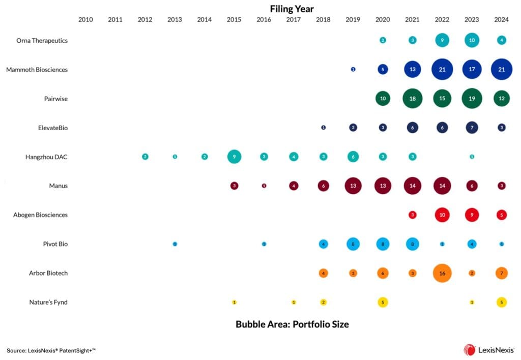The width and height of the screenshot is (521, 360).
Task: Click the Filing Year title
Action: click(x=292, y=9)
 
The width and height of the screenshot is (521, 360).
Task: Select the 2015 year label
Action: click(x=234, y=20)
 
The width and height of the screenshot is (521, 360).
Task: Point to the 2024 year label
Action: click(x=502, y=20)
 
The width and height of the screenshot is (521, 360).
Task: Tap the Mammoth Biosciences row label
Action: click(x=37, y=70)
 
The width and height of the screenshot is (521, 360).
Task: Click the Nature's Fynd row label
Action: click(x=48, y=303)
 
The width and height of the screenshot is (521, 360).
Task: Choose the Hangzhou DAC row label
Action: click(x=46, y=157)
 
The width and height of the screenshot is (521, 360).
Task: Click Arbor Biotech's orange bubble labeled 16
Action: click(x=442, y=273)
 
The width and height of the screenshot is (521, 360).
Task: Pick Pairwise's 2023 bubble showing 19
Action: click(x=472, y=99)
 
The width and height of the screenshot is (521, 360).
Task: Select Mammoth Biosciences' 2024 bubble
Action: click(x=502, y=69)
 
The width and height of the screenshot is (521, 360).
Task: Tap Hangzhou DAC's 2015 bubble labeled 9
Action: click(x=234, y=157)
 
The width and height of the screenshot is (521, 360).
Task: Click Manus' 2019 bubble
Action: click(x=353, y=186)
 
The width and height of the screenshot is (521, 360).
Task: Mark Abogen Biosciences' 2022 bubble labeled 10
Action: click(x=442, y=215)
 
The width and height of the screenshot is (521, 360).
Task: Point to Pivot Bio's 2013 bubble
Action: click(x=175, y=244)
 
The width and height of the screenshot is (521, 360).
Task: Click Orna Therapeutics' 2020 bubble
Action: click(x=383, y=40)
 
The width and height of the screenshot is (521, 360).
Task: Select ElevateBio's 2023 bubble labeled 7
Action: click(x=472, y=128)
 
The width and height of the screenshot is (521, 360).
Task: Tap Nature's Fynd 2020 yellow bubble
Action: click(x=383, y=302)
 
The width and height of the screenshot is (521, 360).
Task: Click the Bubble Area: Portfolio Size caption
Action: click(x=292, y=324)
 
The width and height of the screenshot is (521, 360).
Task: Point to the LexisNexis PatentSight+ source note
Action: click(x=51, y=350)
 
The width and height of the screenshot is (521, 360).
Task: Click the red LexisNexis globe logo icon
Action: click(x=469, y=350)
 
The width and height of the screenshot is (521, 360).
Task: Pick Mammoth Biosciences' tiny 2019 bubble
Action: click(x=353, y=69)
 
